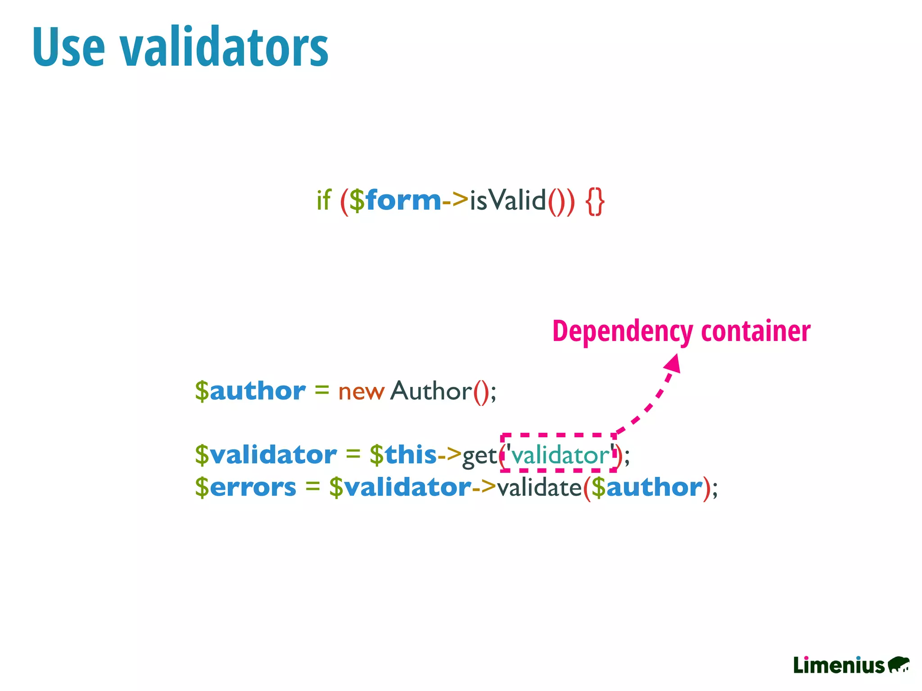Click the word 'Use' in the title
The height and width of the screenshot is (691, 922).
[69, 47]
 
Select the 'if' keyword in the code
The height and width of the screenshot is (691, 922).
[324, 200]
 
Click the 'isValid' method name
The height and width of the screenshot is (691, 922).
[507, 200]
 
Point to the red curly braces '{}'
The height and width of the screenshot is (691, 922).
[595, 201]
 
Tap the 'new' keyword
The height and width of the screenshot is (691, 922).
[361, 391]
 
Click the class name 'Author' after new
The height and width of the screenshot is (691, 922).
[431, 390]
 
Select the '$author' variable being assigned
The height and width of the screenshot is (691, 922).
[250, 390]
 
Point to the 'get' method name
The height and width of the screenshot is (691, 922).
[479, 456]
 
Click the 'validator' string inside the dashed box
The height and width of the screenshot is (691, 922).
[560, 455]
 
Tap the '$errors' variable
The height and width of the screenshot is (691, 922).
[246, 487]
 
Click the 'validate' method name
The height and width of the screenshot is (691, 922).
[539, 487]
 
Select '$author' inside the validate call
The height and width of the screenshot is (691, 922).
[647, 487]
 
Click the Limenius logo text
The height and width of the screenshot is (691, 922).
[839, 665]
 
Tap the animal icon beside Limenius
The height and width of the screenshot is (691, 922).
[899, 664]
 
